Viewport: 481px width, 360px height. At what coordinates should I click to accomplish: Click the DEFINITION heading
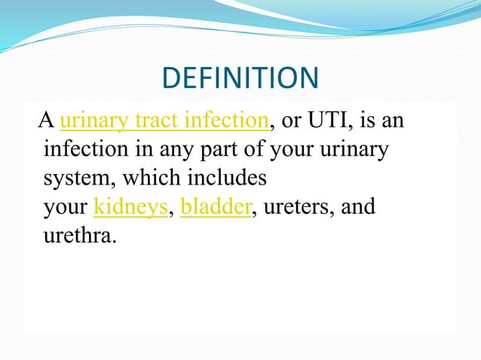coord(240,78)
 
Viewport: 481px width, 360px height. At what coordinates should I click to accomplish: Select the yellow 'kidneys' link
coord(130,207)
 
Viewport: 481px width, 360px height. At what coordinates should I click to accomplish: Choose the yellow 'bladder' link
coord(216,207)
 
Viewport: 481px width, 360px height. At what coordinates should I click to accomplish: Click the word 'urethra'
coord(80,236)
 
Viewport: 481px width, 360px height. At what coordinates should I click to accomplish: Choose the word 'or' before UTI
coord(290,122)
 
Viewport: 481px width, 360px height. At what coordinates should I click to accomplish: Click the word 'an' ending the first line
coord(395,122)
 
